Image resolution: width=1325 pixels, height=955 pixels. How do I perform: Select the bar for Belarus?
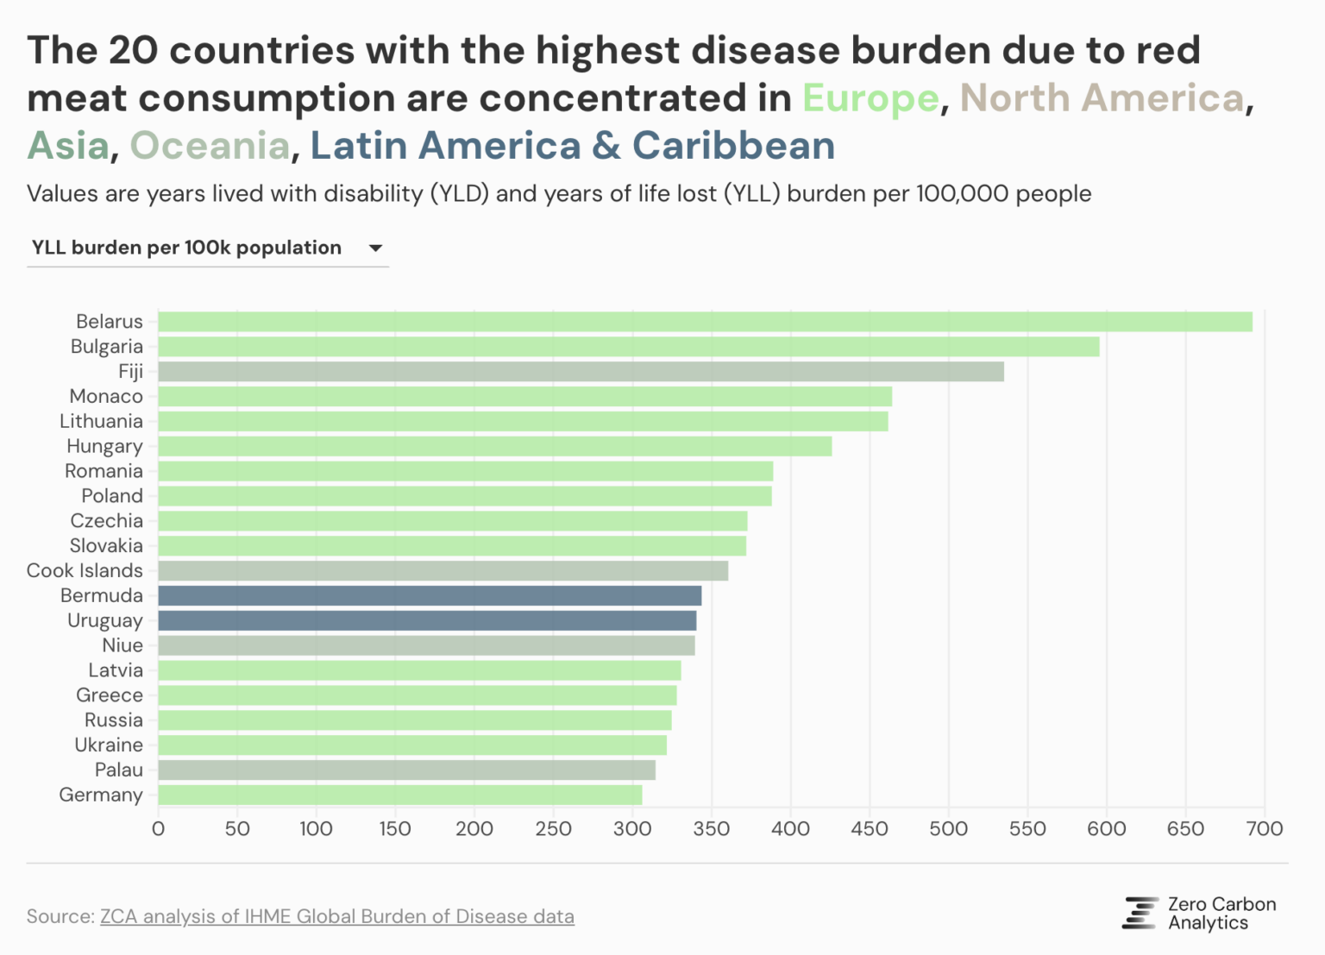705,322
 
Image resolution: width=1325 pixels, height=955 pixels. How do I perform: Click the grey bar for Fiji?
581,372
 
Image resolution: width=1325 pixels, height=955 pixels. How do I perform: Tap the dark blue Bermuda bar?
430,595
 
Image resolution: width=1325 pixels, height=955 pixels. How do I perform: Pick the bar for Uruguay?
427,620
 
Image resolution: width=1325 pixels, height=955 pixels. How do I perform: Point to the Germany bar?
400,795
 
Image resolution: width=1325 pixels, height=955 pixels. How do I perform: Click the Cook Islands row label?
85,570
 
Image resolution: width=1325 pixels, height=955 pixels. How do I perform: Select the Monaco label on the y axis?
106,396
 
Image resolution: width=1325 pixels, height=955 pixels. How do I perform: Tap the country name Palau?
119,770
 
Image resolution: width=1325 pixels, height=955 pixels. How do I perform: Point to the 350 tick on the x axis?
712,829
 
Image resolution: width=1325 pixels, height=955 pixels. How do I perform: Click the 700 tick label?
1265,829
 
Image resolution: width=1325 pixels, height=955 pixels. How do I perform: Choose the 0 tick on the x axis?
158,829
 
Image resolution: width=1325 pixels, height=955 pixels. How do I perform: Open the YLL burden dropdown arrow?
375,248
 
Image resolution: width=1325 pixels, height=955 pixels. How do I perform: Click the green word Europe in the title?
870,98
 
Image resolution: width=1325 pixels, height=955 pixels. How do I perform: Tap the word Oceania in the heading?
210,146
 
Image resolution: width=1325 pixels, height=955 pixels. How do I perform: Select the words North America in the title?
1102,98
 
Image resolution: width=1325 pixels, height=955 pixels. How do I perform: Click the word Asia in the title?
69,146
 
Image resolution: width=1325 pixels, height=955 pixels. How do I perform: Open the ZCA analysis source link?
336,916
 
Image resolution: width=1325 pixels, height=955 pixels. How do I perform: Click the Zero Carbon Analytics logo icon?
1140,913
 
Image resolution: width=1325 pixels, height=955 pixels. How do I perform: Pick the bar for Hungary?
494,446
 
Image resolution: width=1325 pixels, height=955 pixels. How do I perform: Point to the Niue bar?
426,645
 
